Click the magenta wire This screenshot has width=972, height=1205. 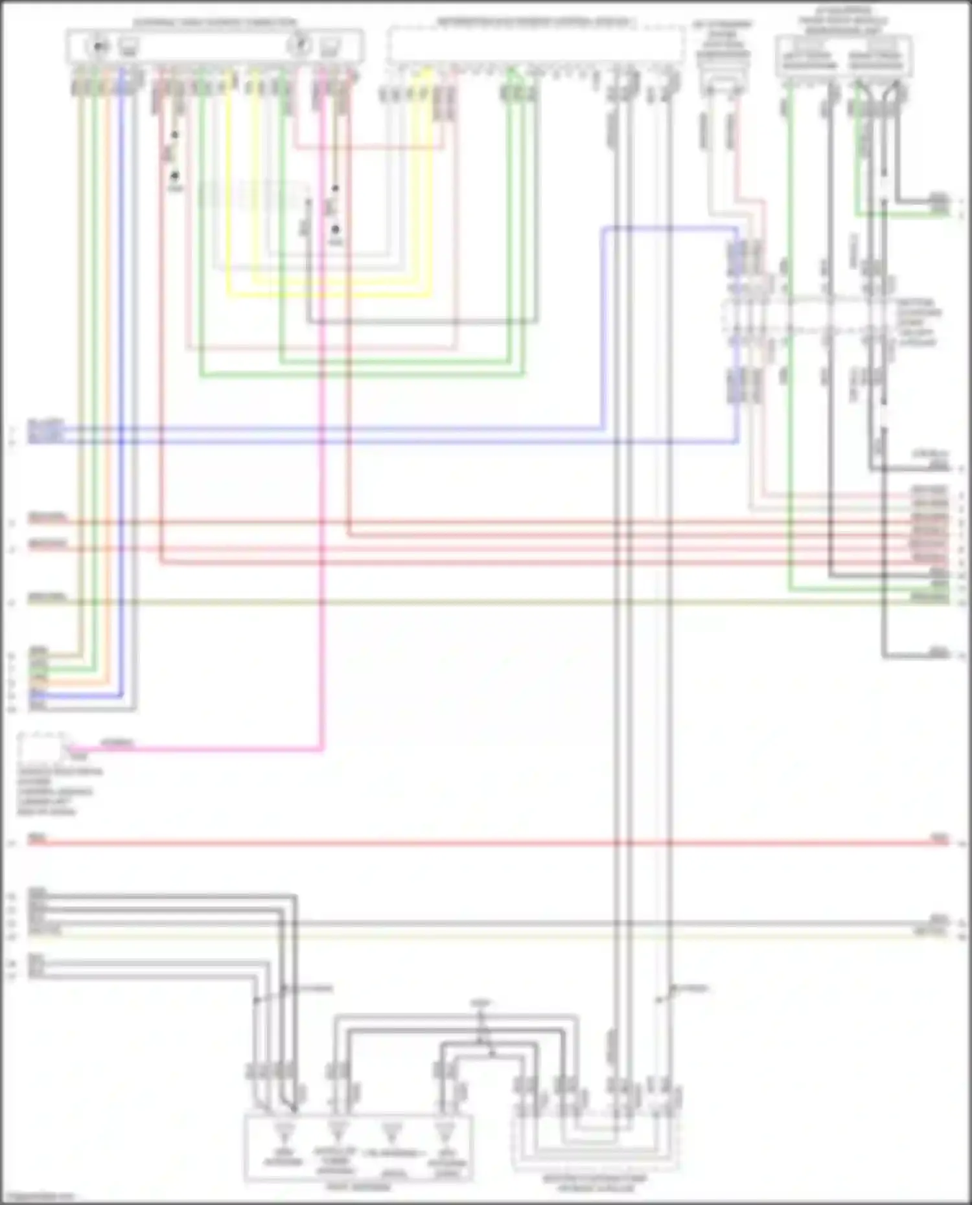coord(321,453)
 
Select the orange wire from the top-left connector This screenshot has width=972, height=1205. coord(81,389)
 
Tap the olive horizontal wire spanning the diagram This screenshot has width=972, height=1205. coord(454,603)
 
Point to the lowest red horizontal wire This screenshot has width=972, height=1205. coord(454,843)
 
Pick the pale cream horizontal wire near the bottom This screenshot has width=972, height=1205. coord(454,936)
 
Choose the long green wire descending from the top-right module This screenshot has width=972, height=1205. coord(790,389)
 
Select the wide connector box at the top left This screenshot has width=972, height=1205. coord(214,46)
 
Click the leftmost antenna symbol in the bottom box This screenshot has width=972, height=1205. coord(283,1132)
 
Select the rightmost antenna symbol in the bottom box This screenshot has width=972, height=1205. coord(445,1132)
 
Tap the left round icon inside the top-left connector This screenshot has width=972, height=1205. coord(99,46)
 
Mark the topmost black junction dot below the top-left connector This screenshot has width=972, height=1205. coord(174,135)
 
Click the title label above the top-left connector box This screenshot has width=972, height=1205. coord(214,23)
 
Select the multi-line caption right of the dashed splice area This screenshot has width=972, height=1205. coord(919,322)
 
